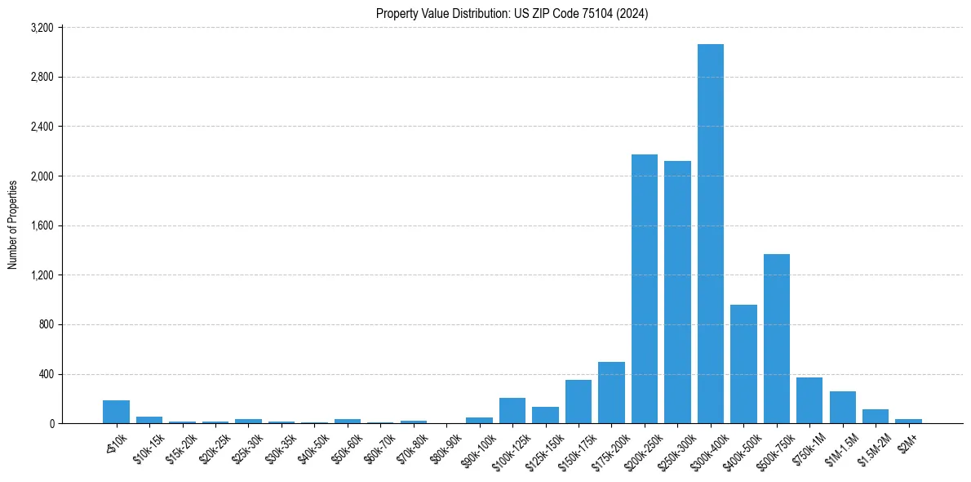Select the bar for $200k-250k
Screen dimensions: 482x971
coord(645,289)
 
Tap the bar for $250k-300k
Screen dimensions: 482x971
coord(677,292)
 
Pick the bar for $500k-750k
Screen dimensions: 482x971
coord(777,339)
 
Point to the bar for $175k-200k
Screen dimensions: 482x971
coord(611,393)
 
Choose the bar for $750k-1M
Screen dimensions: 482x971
coord(809,401)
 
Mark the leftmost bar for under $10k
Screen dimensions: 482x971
coord(117,412)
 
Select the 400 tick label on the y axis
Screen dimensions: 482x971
coord(46,375)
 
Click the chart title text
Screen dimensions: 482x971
coord(512,13)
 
